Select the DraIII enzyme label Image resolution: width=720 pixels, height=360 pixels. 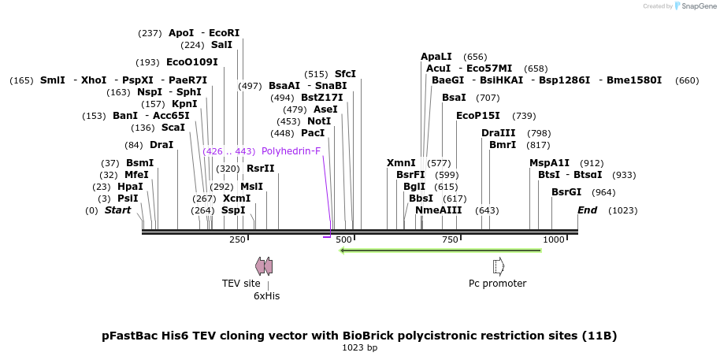point(499,132)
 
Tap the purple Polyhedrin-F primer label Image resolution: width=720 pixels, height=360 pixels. point(291,151)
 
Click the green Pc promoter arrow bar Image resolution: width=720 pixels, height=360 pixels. point(440,251)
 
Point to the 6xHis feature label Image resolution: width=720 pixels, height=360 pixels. point(266,296)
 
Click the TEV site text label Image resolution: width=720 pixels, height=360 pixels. point(241,284)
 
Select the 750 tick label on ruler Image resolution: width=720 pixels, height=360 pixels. point(450,239)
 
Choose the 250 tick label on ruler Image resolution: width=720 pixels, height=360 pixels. point(237,239)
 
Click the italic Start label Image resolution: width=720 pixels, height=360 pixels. point(117,210)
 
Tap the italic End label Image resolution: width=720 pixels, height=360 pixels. point(588,210)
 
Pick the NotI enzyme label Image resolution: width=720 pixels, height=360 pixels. point(319,121)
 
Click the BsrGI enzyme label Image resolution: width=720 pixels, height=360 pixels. point(566,192)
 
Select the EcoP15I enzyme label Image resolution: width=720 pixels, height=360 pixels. point(478,116)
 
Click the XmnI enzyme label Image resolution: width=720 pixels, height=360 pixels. point(401,163)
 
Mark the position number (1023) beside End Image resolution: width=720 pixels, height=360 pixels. point(622,210)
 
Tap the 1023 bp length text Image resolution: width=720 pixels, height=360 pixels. point(359,347)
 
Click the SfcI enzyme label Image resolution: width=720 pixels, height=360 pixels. point(345,74)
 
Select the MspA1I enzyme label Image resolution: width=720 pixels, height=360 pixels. point(549,163)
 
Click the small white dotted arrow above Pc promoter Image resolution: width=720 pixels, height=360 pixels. point(498,266)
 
